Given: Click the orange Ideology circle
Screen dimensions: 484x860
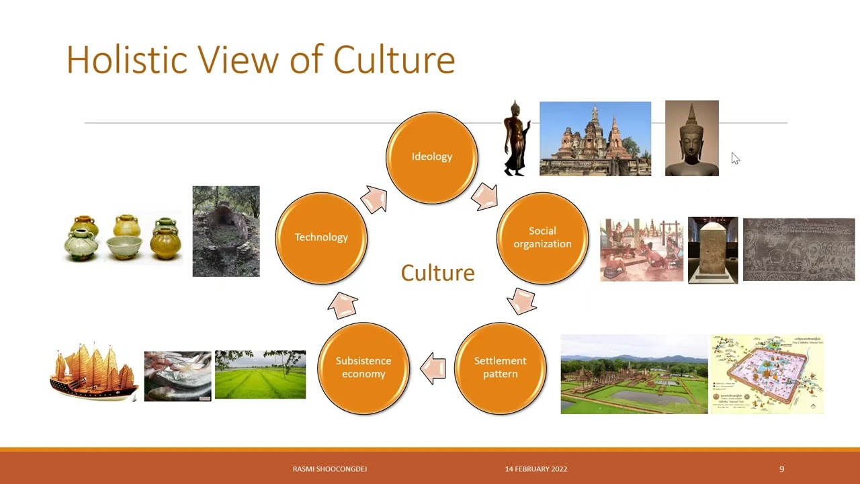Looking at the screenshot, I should [432, 157].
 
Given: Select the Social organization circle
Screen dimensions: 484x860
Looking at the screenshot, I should [542, 238].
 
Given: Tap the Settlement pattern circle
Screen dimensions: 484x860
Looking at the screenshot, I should [500, 368].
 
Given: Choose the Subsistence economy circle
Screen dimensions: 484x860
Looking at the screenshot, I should [363, 368].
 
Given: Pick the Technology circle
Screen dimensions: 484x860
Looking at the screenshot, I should [321, 237].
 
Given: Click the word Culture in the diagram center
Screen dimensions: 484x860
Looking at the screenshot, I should [437, 273].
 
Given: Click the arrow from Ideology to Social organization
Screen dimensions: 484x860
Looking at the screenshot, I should [484, 196].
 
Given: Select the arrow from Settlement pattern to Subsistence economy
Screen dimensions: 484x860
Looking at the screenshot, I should [433, 368].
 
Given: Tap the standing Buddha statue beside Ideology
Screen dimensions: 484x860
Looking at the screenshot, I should [516, 139].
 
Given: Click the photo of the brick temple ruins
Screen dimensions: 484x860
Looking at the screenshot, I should [595, 139].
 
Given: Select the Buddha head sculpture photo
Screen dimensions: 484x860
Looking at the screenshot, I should [691, 138].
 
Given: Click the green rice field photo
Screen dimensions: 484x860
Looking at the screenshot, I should [260, 374].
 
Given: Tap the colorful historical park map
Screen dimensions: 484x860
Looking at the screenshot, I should [767, 374].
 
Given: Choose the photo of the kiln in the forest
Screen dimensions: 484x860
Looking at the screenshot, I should [226, 231].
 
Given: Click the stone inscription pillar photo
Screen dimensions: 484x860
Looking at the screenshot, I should [713, 250].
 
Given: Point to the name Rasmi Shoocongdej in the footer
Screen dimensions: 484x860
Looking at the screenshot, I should [330, 469].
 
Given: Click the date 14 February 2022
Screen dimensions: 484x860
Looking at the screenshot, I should [536, 469].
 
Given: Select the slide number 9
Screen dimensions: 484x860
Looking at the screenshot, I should [781, 469].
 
